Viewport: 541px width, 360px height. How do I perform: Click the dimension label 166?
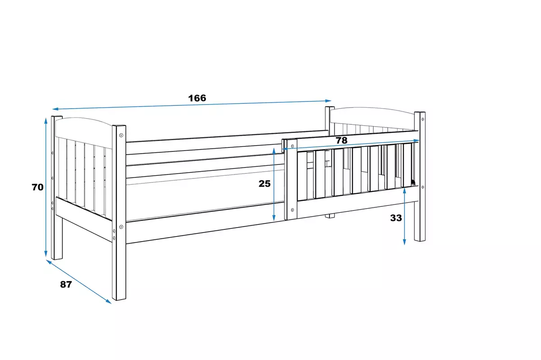[197, 98]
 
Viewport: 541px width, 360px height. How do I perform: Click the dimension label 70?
[37, 187]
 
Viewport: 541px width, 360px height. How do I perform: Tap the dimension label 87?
[66, 284]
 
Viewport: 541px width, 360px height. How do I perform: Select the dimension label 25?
[264, 183]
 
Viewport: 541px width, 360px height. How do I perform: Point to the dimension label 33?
[396, 218]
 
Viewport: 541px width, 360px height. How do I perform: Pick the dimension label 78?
[342, 140]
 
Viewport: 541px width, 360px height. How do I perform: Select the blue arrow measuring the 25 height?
[274, 185]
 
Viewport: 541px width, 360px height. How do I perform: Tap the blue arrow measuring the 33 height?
[405, 216]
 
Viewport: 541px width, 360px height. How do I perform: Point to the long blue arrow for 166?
[192, 105]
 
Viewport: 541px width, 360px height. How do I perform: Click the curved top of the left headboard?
[83, 121]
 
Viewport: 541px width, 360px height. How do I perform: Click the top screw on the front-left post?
[121, 134]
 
